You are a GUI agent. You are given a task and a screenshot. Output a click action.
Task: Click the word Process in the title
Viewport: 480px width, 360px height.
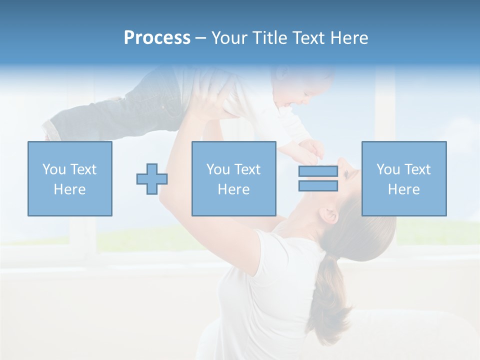157,38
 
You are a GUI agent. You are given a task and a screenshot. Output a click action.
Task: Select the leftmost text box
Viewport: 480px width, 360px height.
70,179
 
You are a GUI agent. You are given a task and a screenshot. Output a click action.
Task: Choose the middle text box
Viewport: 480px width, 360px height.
234,179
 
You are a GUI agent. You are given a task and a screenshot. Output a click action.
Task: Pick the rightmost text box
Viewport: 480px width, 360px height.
404,179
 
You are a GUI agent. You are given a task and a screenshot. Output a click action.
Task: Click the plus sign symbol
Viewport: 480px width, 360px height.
152,179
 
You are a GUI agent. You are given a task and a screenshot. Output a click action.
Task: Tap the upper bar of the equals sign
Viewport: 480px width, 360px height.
318,171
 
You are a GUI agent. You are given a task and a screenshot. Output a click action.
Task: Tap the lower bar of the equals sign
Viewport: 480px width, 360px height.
318,186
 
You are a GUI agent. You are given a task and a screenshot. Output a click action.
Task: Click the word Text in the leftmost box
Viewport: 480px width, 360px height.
83,169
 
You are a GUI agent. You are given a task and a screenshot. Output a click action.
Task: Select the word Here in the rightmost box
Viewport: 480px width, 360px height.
404,189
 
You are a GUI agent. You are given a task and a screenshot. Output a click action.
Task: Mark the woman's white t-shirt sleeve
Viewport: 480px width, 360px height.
272,255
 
